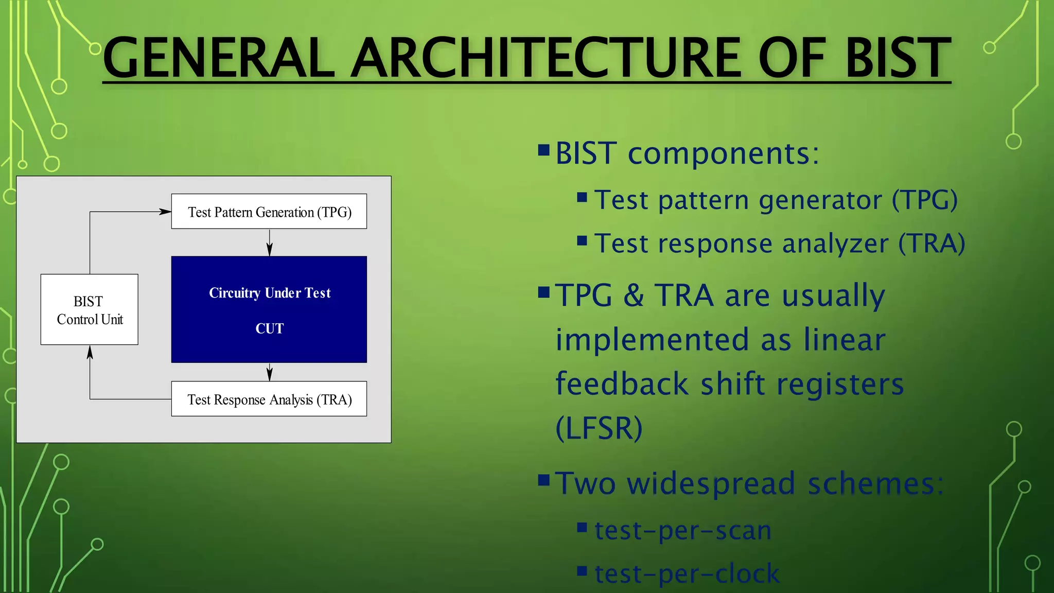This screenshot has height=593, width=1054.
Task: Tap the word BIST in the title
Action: coord(898,58)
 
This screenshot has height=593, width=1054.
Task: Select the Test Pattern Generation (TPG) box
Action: coord(269,212)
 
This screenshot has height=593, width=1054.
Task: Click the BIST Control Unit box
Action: coord(90,309)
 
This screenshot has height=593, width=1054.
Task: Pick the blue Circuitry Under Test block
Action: coord(269,309)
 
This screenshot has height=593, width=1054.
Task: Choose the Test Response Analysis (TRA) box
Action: coord(269,399)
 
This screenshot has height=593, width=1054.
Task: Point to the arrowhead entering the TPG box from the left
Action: coord(165,212)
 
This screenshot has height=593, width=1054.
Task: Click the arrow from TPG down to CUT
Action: coord(269,243)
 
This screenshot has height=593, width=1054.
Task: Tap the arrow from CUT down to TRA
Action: coord(269,373)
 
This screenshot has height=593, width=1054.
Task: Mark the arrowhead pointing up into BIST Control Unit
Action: coord(90,352)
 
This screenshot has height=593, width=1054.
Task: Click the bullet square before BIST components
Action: coord(543,150)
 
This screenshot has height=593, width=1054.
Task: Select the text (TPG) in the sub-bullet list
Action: coord(924,200)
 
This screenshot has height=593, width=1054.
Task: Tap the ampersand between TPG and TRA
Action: coord(634,295)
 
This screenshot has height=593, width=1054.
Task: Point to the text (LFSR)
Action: coord(599,428)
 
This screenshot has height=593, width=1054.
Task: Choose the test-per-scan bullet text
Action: coord(683,530)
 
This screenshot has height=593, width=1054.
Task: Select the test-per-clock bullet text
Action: coord(687,573)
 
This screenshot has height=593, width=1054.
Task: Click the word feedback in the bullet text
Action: coord(622,384)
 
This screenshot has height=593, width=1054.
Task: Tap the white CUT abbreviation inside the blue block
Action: coord(269,328)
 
